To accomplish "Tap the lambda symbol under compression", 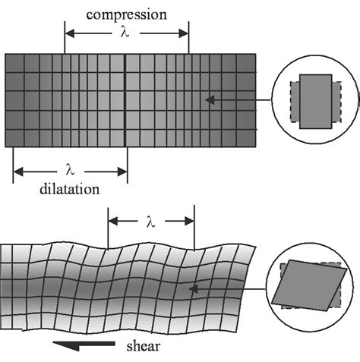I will [x=125, y=33].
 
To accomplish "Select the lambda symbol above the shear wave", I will [x=150, y=222].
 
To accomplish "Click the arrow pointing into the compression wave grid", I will [x=235, y=99].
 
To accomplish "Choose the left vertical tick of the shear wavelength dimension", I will [x=109, y=228].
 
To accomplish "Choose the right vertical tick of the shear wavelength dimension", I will [x=195, y=228].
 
